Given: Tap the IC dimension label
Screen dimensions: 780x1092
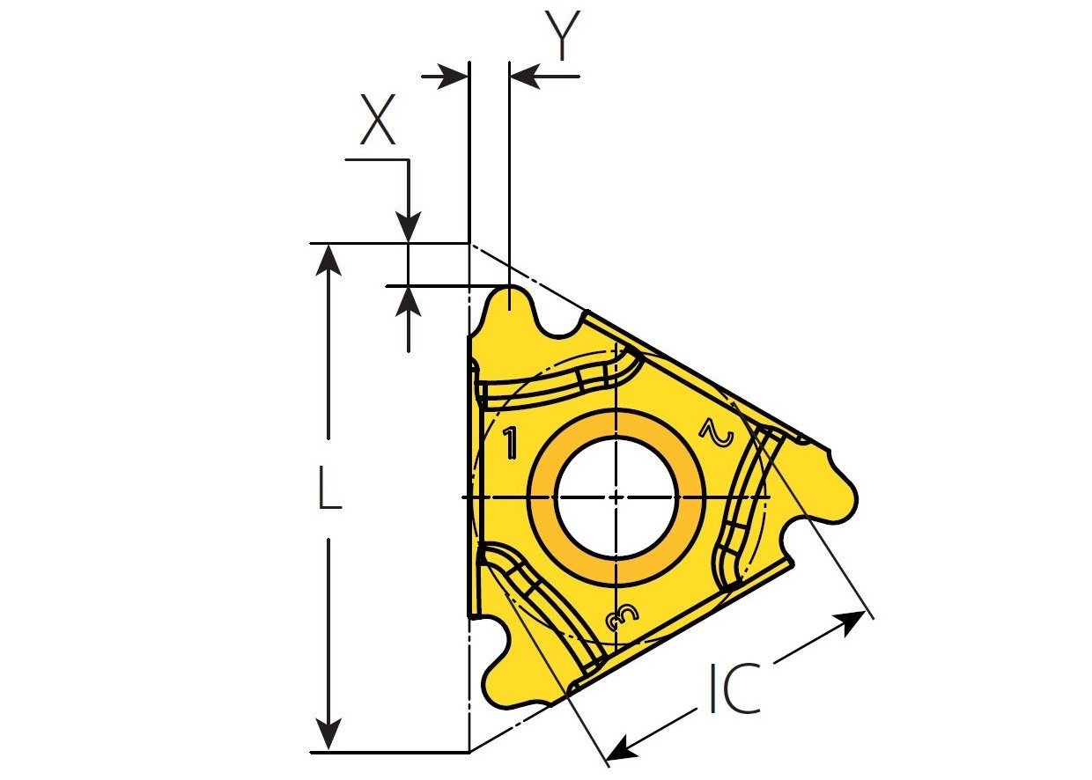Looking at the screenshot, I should tap(734, 688).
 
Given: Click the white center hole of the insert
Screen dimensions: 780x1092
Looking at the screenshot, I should tap(616, 497).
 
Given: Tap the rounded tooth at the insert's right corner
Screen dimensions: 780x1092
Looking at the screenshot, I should tap(843, 497).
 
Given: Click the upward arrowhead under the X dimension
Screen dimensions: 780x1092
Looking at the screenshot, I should tap(409, 301).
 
